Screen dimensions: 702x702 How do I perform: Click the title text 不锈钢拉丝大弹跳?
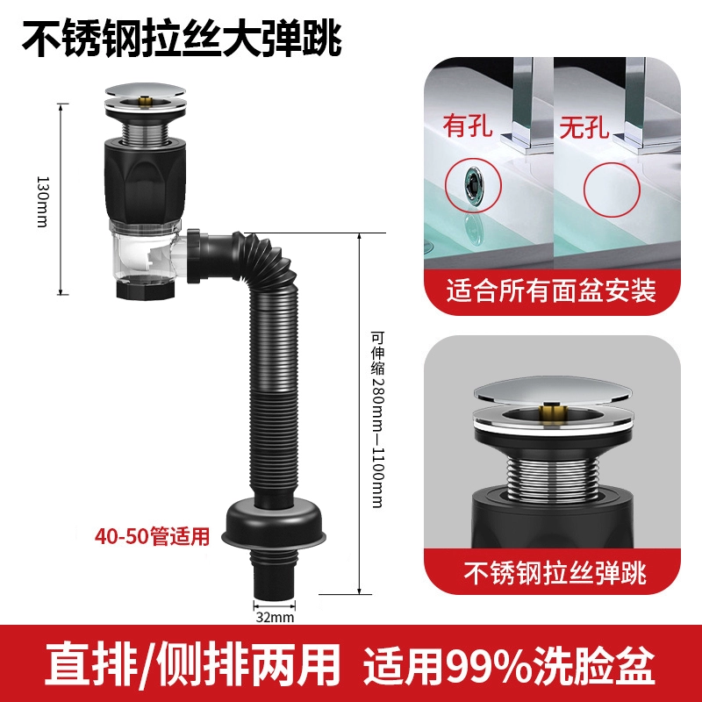click(182, 39)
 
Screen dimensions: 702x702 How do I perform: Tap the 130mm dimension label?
click(42, 202)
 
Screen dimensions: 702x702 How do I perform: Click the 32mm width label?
click(275, 618)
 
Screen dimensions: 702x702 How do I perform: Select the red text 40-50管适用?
click(152, 535)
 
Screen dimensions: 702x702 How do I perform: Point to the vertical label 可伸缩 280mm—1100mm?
click(377, 419)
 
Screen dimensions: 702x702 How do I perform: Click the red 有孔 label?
click(468, 125)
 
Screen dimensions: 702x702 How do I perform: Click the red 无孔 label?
click(584, 126)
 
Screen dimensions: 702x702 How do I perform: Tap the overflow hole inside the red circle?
click(474, 184)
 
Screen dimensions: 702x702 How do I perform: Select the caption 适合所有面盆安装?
click(551, 291)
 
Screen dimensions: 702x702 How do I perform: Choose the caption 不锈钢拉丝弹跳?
click(555, 573)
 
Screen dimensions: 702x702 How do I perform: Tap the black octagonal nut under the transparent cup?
click(146, 289)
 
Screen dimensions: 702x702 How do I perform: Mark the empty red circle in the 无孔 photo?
click(612, 190)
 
